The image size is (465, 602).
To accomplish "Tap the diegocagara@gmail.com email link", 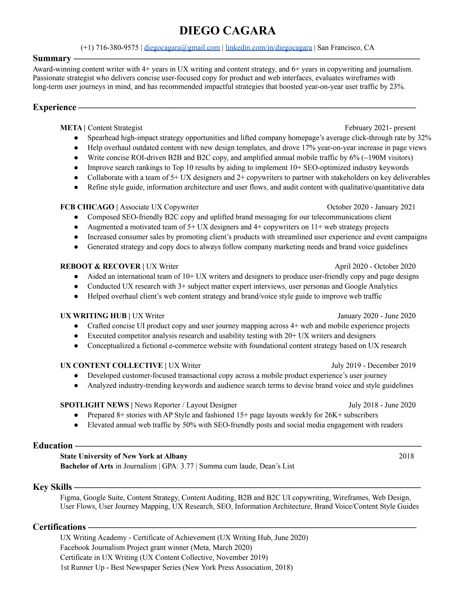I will [182, 48].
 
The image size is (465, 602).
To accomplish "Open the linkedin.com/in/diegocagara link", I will [269, 48].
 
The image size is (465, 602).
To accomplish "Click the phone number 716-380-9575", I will [117, 48].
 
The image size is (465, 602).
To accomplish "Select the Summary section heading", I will [52, 58].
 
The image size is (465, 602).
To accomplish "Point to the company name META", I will [71, 128].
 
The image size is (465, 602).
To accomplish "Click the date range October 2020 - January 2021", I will [371, 207].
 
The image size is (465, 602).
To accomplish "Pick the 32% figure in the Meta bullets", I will [424, 138].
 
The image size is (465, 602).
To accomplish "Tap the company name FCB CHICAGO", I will [87, 207].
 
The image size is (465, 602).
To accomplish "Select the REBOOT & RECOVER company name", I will [100, 267].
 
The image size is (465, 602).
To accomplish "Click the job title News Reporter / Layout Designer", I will [186, 405].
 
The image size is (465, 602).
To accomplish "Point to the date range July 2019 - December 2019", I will [373, 365].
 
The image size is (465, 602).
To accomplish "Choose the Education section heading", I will [53, 445].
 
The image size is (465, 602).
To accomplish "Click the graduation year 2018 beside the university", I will [406, 456].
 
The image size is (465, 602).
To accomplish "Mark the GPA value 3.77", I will [187, 466].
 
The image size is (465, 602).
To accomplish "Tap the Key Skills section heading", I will [52, 487].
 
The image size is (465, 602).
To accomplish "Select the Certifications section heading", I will [59, 527].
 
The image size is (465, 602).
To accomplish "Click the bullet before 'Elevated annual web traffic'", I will [76, 425].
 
